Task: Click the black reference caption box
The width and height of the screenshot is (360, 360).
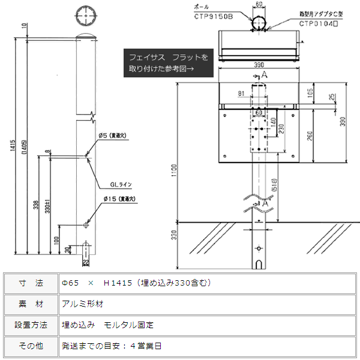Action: coord(168,63)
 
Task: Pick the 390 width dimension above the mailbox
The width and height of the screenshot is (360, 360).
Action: coord(259,65)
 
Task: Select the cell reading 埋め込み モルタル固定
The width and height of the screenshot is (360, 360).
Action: coord(108,325)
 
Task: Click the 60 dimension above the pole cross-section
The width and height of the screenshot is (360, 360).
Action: coord(259,4)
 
